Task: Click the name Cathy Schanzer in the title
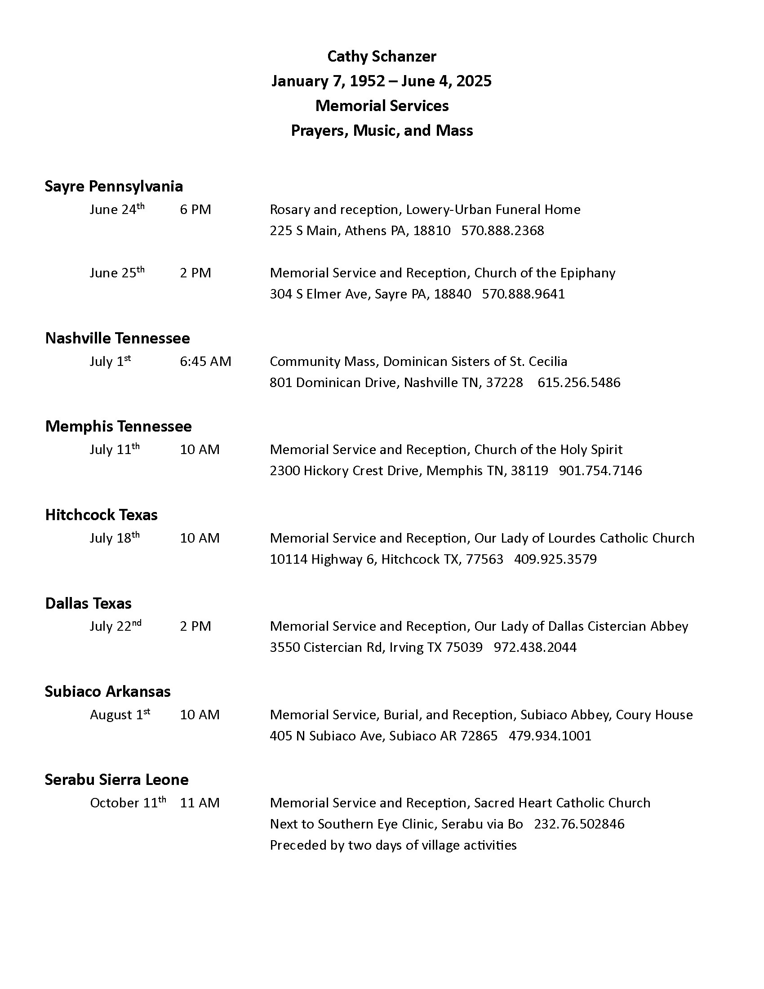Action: tap(382, 57)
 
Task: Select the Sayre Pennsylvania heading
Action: tap(114, 186)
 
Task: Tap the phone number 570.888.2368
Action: tap(502, 231)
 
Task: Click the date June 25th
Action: tap(117, 272)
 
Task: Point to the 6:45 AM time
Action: tap(205, 361)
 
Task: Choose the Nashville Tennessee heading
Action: tap(117, 338)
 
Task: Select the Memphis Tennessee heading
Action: tap(118, 426)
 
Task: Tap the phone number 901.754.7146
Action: tap(600, 471)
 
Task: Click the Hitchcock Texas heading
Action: tap(102, 515)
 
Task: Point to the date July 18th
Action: tap(115, 538)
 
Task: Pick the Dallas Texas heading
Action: tap(88, 603)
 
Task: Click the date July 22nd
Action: tap(115, 626)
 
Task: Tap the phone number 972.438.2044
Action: tap(535, 647)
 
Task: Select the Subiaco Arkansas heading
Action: tap(108, 691)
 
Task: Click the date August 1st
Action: tap(120, 715)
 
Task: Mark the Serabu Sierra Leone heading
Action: tap(116, 780)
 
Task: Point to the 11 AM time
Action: tap(200, 803)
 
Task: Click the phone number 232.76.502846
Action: tap(579, 824)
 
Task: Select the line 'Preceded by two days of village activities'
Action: tap(393, 845)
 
